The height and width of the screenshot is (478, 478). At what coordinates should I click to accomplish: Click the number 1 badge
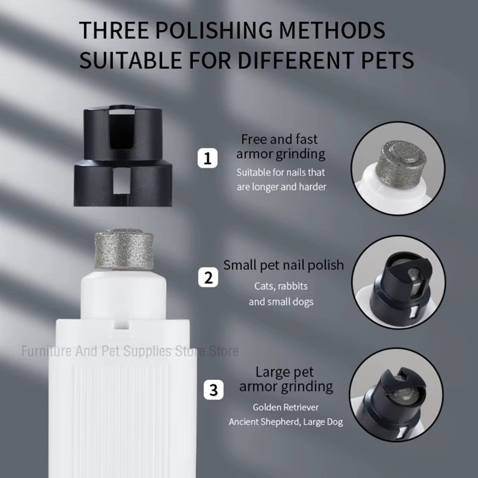point(207,158)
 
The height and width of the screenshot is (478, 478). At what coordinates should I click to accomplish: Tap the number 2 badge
point(208,278)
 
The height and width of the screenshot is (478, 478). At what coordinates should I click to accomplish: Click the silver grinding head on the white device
point(124,250)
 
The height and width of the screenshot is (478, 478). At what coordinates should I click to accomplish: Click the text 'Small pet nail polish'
point(283,265)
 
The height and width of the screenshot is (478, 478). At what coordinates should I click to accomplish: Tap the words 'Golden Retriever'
point(286,407)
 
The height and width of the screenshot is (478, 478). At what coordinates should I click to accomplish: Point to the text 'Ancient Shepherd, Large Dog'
point(285,422)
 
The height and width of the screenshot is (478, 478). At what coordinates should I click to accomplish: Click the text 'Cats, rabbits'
point(281,286)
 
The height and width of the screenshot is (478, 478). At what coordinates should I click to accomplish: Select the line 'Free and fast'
point(280,139)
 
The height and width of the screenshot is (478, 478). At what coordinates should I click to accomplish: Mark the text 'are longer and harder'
point(282,186)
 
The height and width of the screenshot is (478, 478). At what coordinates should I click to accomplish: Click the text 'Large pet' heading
point(285,371)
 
